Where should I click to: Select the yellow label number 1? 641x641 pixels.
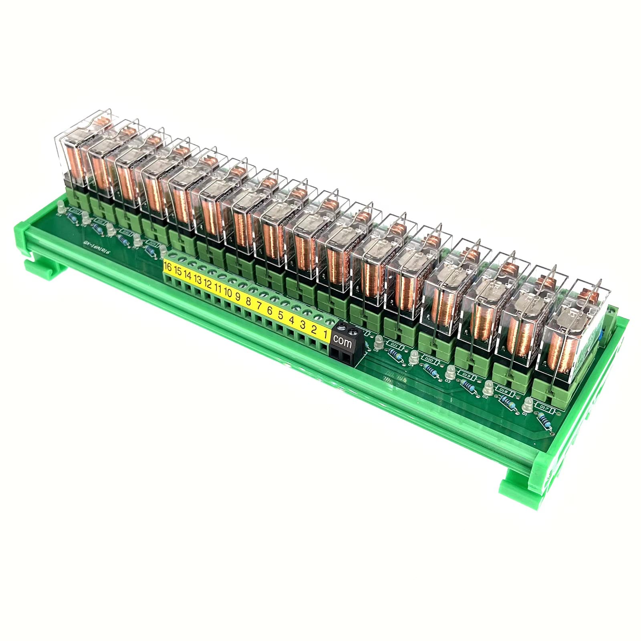326,334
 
